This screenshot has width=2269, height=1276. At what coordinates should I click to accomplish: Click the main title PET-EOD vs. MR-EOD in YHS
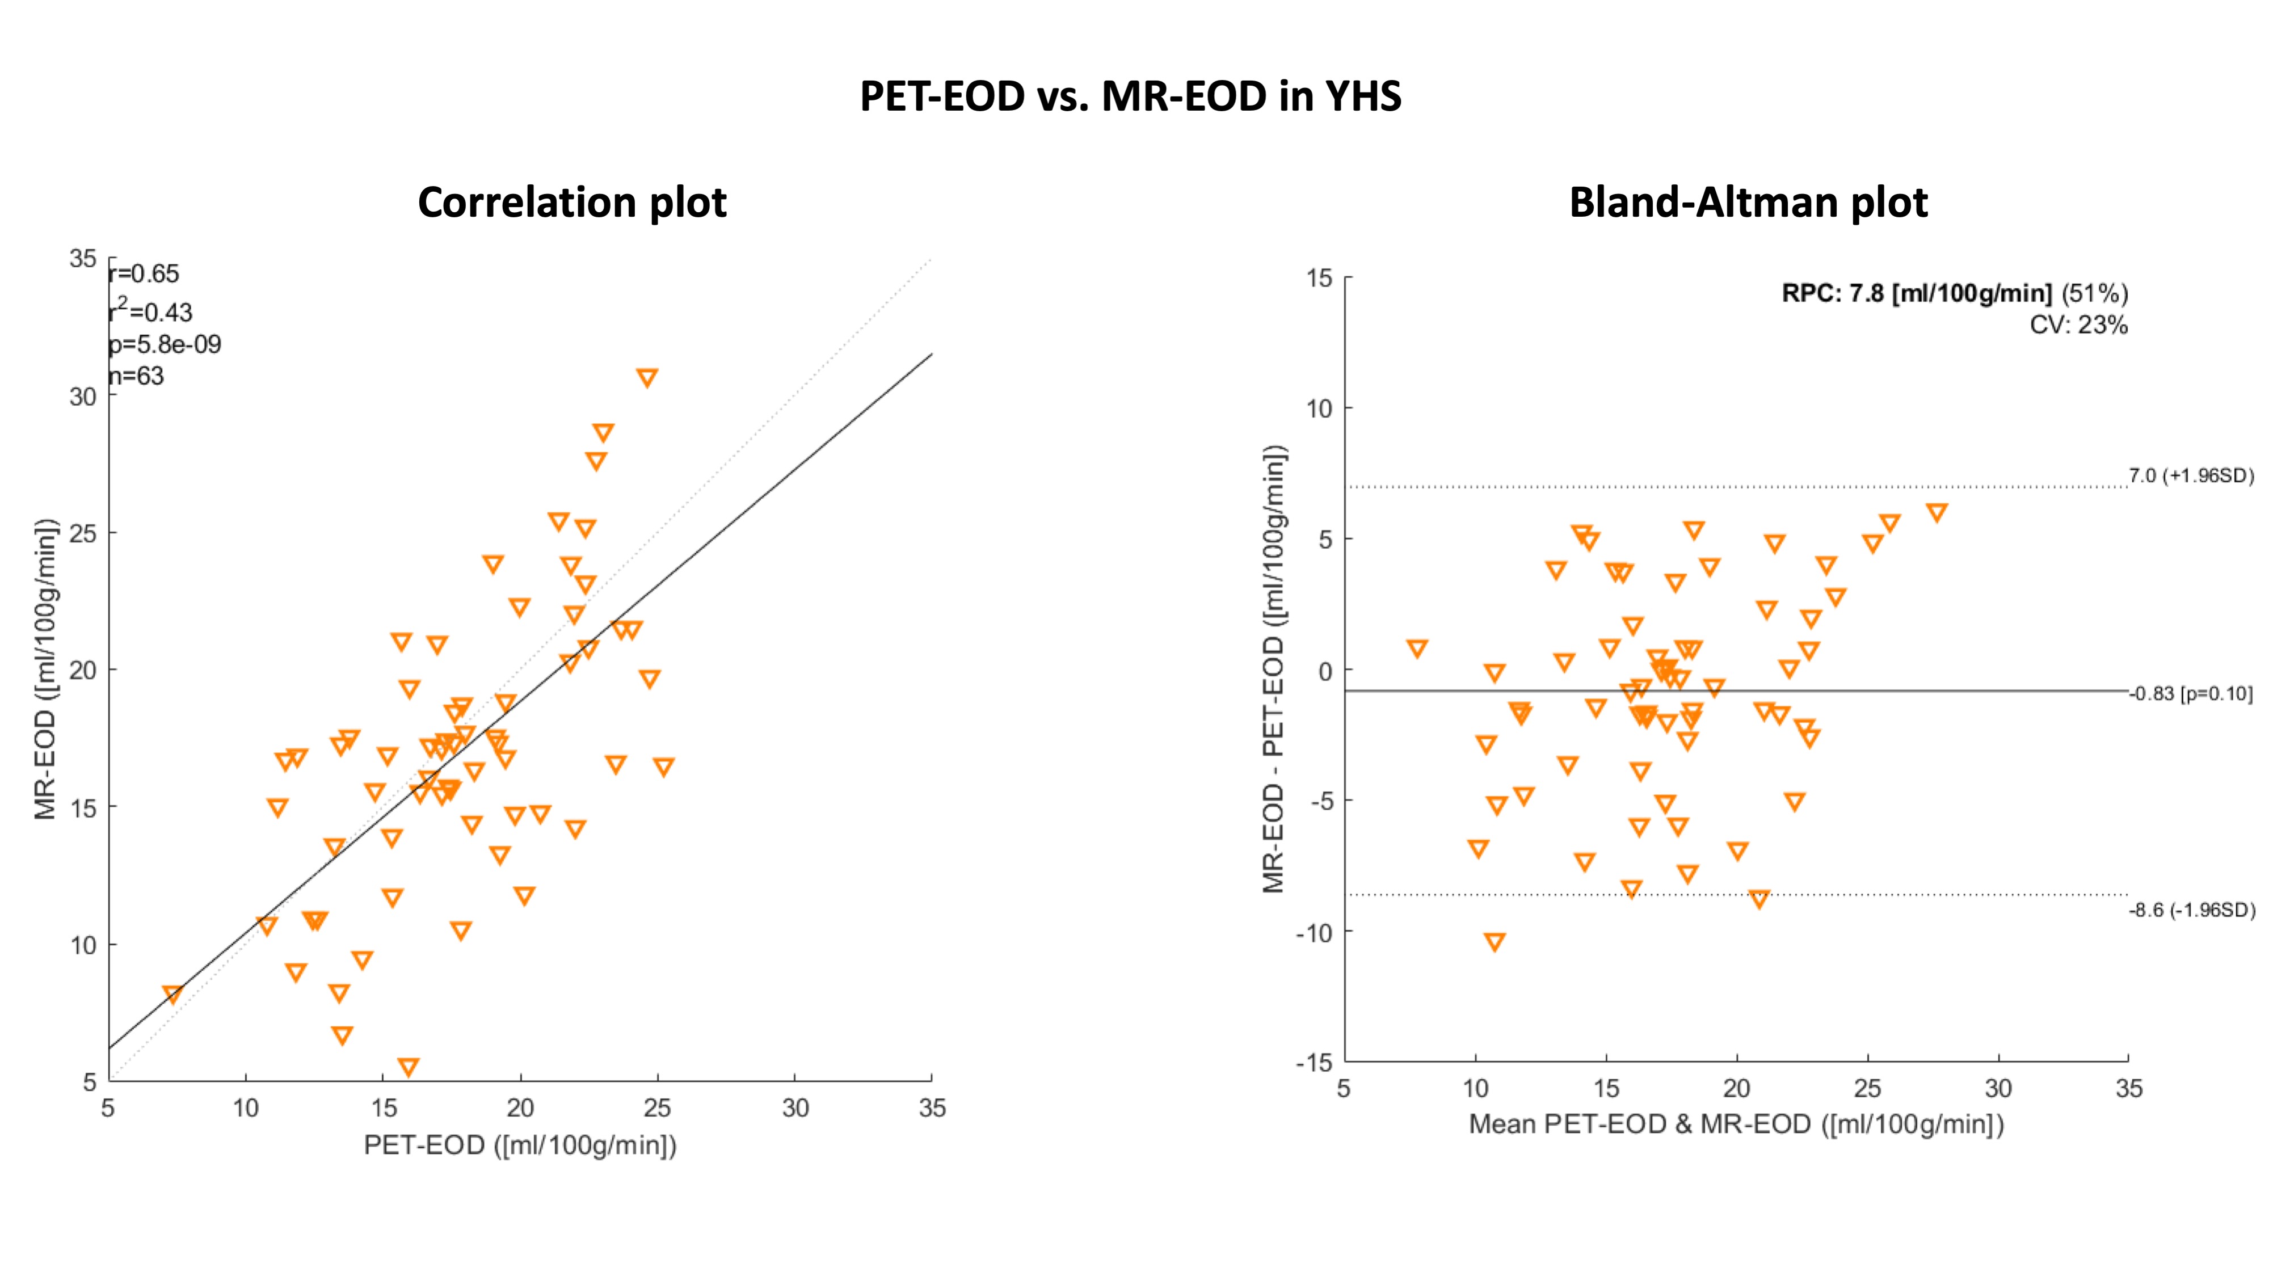(x=1130, y=96)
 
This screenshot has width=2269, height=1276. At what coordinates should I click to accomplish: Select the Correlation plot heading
(x=572, y=203)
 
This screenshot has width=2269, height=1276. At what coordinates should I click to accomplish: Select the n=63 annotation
(x=137, y=376)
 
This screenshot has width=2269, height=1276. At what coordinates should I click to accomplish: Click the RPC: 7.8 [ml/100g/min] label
(x=1916, y=293)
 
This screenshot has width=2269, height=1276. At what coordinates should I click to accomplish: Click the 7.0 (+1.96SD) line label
(x=2191, y=477)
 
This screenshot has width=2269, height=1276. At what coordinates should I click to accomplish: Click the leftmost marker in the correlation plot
(x=172, y=993)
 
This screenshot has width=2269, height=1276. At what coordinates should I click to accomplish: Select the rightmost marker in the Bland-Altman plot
(x=1936, y=512)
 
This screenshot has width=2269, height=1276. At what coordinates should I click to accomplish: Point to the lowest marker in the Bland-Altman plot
(x=1494, y=941)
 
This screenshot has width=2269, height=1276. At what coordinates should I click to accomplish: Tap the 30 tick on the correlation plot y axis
(x=83, y=397)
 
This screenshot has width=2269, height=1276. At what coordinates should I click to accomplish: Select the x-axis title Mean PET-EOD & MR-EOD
(x=1735, y=1125)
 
